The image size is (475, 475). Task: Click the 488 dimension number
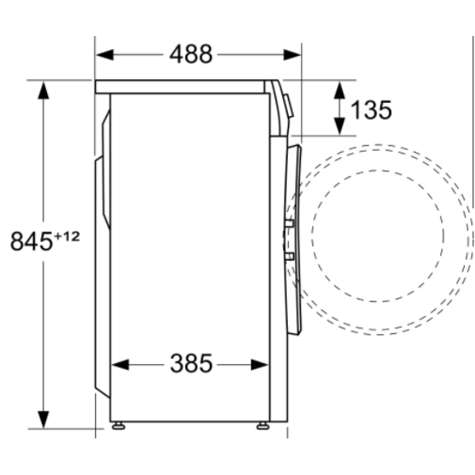[x=191, y=54]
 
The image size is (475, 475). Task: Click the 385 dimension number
[x=191, y=364]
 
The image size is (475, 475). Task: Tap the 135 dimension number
[x=371, y=110]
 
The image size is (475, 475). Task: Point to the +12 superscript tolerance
[x=66, y=236]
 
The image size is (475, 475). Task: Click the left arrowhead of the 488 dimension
[x=104, y=54]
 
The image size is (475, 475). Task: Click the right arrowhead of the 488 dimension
[x=292, y=54]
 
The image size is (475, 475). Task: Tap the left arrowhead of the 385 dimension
[x=120, y=365]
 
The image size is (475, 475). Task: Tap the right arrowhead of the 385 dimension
[x=260, y=365]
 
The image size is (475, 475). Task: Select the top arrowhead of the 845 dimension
[x=44, y=91]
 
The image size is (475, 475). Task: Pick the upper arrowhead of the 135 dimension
[x=339, y=90]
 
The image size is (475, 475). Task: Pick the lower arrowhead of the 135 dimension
[x=339, y=126]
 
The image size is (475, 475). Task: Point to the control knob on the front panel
[x=289, y=105]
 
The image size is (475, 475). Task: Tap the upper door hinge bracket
[x=289, y=223]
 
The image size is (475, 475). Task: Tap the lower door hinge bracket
[x=289, y=257]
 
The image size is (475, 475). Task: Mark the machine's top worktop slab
[x=180, y=86]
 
